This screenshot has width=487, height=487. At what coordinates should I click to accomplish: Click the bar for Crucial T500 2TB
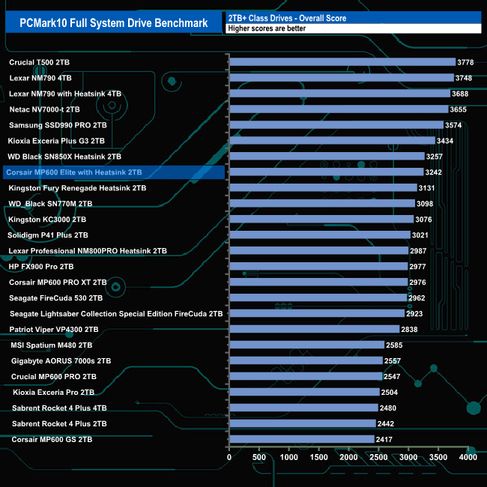coord(342,62)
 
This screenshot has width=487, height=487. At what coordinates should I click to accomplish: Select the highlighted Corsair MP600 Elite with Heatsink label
coord(73,172)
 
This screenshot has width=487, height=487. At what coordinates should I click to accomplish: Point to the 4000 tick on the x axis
coord(468,456)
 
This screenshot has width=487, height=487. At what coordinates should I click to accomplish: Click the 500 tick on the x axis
coord(258,456)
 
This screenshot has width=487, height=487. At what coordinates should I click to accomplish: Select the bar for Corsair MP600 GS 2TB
coord(301,440)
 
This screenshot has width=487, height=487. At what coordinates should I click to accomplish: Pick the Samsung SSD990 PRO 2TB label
coord(58,125)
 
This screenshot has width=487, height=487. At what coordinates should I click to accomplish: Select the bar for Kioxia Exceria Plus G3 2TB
coord(332,141)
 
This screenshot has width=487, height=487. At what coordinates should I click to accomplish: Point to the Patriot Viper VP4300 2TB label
coord(54,329)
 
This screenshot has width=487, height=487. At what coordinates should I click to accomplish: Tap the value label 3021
coord(423,235)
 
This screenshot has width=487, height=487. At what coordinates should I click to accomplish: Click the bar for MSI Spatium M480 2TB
coord(306,345)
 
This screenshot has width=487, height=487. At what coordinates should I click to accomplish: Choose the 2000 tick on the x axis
coord(348,456)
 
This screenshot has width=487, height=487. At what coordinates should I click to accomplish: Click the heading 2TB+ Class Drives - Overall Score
coord(288,16)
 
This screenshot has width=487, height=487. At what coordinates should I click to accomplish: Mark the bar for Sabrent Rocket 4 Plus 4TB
coord(303,408)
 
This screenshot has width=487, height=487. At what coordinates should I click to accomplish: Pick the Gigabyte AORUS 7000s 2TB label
coord(61,361)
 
